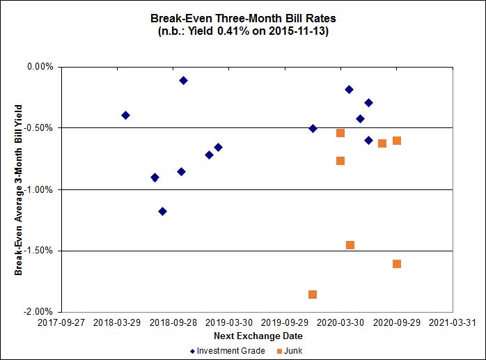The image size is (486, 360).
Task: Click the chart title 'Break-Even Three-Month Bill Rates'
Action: click(x=242, y=19)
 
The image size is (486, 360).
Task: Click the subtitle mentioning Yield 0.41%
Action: click(x=242, y=31)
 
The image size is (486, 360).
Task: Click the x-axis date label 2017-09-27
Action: click(x=61, y=323)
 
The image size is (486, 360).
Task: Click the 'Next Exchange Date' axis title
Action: click(x=242, y=336)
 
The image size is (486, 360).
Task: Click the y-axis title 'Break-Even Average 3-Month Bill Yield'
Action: click(x=19, y=189)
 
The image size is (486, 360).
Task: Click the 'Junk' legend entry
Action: click(x=292, y=351)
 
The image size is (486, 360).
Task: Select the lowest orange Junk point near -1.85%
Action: click(x=313, y=295)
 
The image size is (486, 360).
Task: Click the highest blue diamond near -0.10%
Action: click(x=183, y=80)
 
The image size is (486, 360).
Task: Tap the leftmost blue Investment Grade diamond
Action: click(x=125, y=115)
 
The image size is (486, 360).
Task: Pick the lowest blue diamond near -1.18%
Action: click(x=162, y=211)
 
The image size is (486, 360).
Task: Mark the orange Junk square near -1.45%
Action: click(x=350, y=245)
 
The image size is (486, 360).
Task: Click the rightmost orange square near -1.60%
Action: click(x=397, y=264)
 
